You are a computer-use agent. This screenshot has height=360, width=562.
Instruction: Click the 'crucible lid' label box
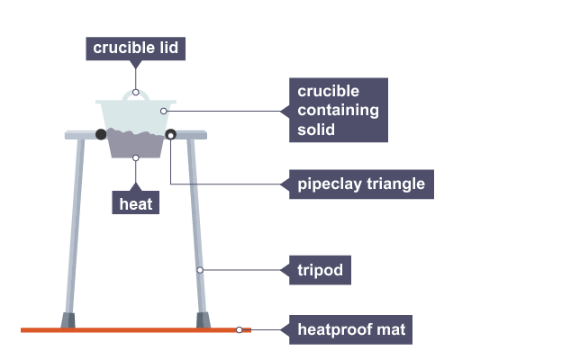point(135,48)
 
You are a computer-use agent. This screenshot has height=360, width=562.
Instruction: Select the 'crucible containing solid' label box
point(338,110)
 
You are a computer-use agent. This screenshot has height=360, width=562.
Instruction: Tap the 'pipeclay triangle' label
point(361,184)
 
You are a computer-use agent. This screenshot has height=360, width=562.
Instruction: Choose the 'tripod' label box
point(320,269)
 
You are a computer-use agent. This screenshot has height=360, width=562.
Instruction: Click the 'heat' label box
point(135,203)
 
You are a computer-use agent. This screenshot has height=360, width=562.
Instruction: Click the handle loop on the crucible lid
point(135,92)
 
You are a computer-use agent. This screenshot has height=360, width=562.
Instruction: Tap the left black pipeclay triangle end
point(101,134)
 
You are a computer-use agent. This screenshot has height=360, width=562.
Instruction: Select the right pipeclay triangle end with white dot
point(170,135)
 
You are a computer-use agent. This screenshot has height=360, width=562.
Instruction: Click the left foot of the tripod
point(68,319)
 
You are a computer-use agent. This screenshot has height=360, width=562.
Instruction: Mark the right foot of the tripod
point(204,319)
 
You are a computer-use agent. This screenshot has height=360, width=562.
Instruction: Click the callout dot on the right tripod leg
point(200,269)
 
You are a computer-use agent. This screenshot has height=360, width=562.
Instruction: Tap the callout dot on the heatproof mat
point(239,330)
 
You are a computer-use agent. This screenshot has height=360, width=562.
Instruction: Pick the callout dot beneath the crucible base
point(135,158)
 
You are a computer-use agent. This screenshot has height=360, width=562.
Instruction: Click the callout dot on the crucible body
point(164,112)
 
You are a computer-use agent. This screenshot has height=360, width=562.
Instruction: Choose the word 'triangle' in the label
point(390,184)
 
